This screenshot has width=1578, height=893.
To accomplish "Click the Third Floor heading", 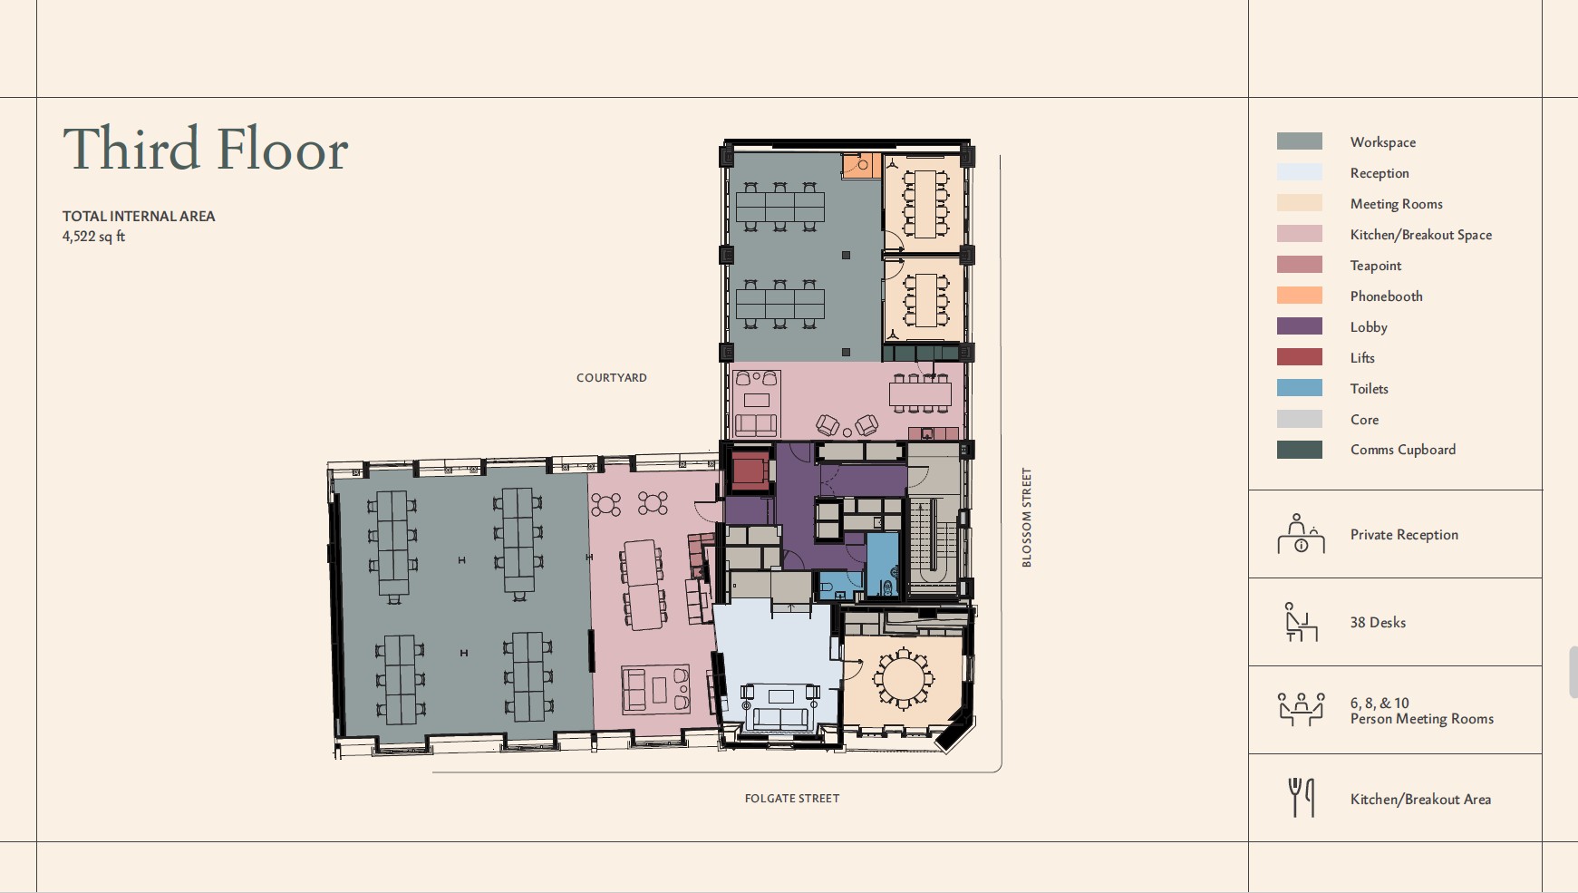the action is tap(206, 149).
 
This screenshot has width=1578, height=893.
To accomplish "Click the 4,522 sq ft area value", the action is tap(93, 237).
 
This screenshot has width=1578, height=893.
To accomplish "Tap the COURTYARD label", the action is tap(612, 378).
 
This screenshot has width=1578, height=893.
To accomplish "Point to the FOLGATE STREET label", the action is tap(792, 799).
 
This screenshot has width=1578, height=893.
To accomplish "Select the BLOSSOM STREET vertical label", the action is tap(1027, 518).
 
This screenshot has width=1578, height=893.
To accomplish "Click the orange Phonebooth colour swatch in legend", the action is tap(1300, 296).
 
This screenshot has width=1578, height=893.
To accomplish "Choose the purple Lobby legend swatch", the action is tap(1300, 326).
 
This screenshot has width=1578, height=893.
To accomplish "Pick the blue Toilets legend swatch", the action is tap(1300, 388).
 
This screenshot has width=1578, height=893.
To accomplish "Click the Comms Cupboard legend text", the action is tap(1403, 450).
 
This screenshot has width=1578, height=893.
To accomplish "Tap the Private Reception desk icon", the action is tap(1301, 534).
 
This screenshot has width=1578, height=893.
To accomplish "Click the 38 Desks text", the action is tap(1378, 623).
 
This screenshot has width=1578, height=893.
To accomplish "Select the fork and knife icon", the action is tap(1302, 798).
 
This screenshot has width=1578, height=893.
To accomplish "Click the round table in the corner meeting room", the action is tap(903, 677).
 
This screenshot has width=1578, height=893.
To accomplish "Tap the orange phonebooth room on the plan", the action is tap(861, 166).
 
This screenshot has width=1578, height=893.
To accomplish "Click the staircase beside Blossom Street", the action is tap(933, 542).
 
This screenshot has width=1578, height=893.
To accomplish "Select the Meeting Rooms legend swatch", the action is tap(1300, 203).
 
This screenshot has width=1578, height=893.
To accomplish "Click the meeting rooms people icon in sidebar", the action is tap(1302, 710).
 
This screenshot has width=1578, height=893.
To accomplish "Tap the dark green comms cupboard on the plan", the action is tap(921, 353).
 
